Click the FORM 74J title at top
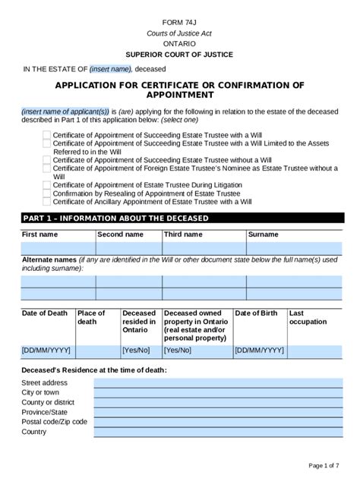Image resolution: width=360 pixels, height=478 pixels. pyautogui.click(x=180, y=24)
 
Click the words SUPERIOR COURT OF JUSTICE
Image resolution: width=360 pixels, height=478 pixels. pyautogui.click(x=180, y=55)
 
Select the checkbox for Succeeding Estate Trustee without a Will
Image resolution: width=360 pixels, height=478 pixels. pyautogui.click(x=47, y=160)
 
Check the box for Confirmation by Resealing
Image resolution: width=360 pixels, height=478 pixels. pyautogui.click(x=47, y=193)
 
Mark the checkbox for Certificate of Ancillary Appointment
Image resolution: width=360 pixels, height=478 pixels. pyautogui.click(x=47, y=202)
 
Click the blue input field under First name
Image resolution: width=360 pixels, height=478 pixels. pyautogui.click(x=58, y=248)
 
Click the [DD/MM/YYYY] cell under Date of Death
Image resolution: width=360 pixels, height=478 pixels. pyautogui.click(x=48, y=351)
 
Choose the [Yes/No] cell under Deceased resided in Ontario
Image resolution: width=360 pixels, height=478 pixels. pyautogui.click(x=140, y=351)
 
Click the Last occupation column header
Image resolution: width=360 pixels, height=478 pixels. pyautogui.click(x=308, y=317)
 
